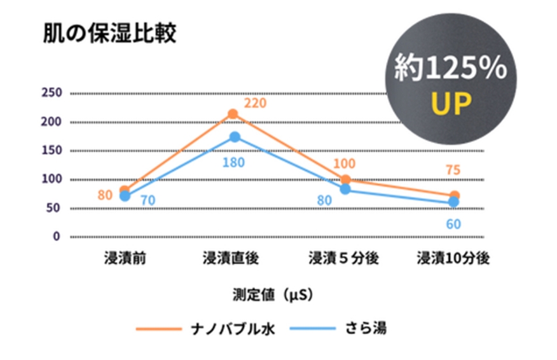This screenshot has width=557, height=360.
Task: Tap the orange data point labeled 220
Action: tap(233, 114)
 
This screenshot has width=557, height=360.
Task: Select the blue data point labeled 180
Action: tap(234, 137)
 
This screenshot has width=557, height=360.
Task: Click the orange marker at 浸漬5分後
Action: tap(345, 180)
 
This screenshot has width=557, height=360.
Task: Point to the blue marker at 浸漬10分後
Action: tap(454, 202)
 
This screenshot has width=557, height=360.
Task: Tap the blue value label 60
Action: tap(453, 224)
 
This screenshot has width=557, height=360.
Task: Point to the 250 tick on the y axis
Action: tap(52, 93)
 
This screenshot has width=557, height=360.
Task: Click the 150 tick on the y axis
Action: tap(52, 151)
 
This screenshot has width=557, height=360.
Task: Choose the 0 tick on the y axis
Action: tap(56, 237)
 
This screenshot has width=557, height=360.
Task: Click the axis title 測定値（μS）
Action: tap(273, 295)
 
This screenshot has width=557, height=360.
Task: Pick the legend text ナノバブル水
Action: tap(233, 329)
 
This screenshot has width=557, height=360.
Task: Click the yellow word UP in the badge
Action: tap(451, 104)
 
